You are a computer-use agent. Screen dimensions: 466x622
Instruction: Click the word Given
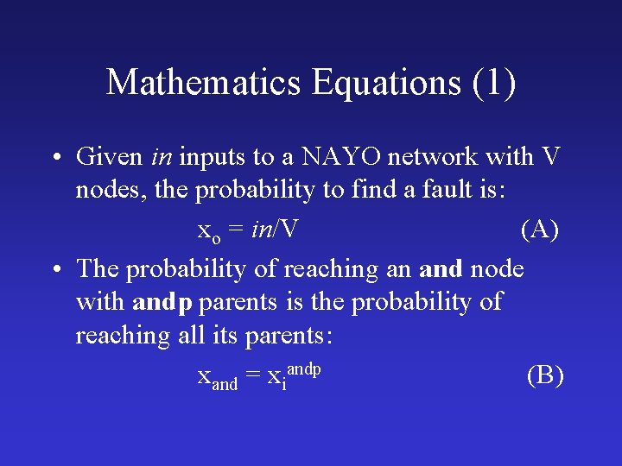(110, 157)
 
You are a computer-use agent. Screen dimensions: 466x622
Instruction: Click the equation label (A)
(540, 230)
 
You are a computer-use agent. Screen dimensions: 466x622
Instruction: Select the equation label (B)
(545, 375)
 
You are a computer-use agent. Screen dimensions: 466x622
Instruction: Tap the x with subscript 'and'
(217, 378)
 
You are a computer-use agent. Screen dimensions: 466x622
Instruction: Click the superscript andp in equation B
(303, 368)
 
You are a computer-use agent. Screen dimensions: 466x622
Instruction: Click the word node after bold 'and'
(497, 269)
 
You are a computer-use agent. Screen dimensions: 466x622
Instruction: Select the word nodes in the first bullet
(111, 190)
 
